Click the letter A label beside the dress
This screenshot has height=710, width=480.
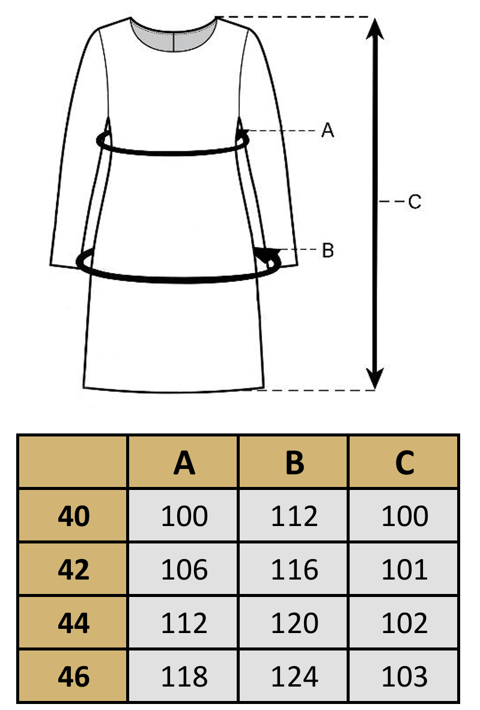pyautogui.click(x=327, y=130)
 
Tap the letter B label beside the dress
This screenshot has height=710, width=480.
pyautogui.click(x=328, y=251)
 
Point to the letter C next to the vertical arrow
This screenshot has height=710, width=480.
pyautogui.click(x=415, y=201)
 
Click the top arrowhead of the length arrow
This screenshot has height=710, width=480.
pyautogui.click(x=375, y=28)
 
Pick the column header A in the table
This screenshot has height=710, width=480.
pyautogui.click(x=184, y=463)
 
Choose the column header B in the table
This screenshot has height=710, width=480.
pyautogui.click(x=294, y=463)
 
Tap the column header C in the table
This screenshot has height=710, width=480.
pyautogui.click(x=404, y=463)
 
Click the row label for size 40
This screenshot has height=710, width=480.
pyautogui.click(x=73, y=516)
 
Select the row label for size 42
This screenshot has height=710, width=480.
pyautogui.click(x=73, y=569)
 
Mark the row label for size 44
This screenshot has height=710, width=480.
pyautogui.click(x=73, y=623)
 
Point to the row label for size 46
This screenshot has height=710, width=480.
pyautogui.click(x=73, y=676)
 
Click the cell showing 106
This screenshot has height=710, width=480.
pyautogui.click(x=184, y=569)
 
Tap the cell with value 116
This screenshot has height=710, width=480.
pyautogui.click(x=294, y=569)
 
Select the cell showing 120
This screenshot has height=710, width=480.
pyautogui.click(x=294, y=623)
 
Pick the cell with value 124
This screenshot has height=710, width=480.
pyautogui.click(x=294, y=676)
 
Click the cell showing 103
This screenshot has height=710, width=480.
pyautogui.click(x=404, y=676)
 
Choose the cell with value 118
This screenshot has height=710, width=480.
pyautogui.click(x=184, y=676)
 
